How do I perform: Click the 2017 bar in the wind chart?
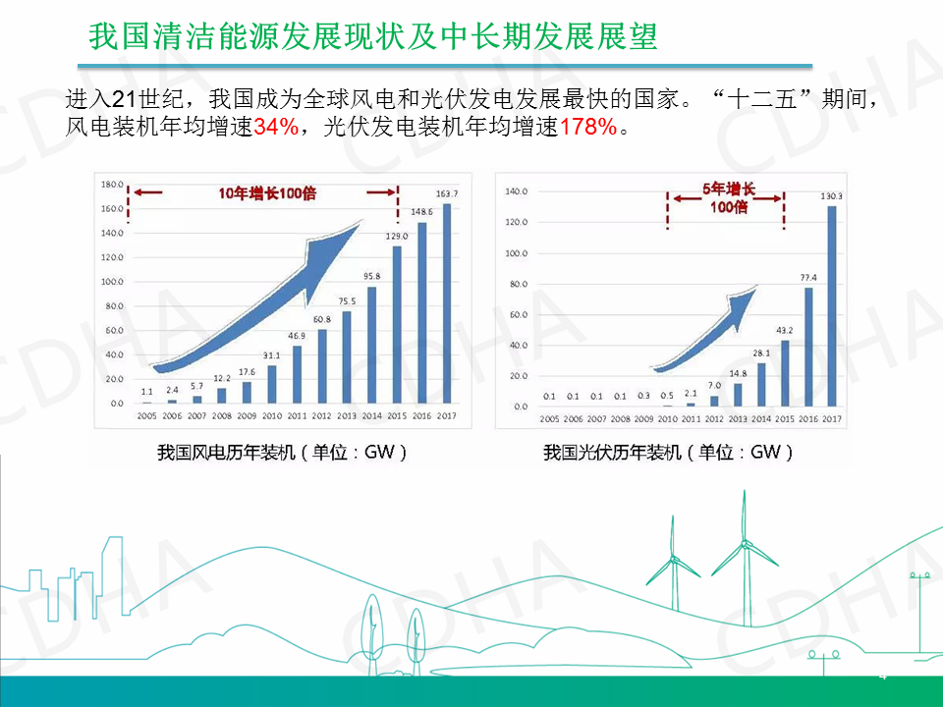[448, 303]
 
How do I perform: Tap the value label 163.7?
[448, 193]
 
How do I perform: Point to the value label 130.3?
[832, 196]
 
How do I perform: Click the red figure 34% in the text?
[276, 128]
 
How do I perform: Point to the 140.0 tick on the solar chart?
[516, 191]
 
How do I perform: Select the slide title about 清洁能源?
[372, 36]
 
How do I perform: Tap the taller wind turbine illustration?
[744, 550]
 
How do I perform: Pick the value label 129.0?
[397, 237]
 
